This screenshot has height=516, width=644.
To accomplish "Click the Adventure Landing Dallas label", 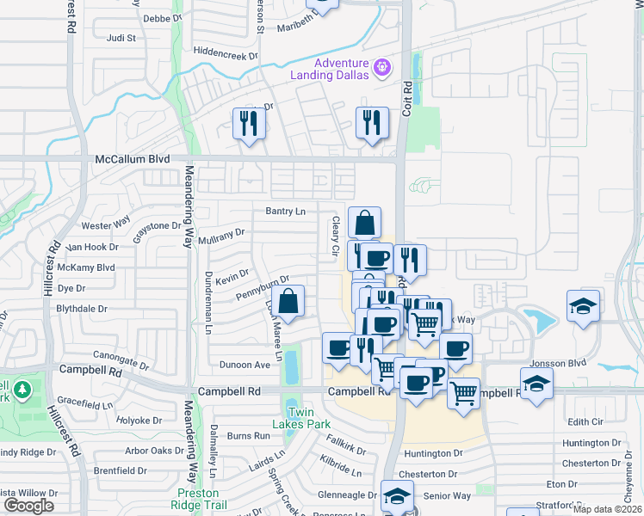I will tap(341, 69).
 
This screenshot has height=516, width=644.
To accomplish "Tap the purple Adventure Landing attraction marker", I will tap(383, 65).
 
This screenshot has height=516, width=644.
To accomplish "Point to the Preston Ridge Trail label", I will tap(203, 499).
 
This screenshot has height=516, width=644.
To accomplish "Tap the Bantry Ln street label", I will tap(285, 212).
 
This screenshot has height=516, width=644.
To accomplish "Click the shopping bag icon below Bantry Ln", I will tap(364, 223).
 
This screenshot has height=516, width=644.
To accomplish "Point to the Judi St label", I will tap(121, 38).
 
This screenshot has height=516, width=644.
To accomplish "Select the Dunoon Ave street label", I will tap(245, 365).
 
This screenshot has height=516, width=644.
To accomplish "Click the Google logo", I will tap(28, 506).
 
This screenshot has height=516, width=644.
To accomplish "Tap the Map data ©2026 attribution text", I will tap(607, 509).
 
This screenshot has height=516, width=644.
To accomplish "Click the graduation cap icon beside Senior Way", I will tap(397, 496).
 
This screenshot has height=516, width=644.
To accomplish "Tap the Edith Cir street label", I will tap(585, 421).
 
